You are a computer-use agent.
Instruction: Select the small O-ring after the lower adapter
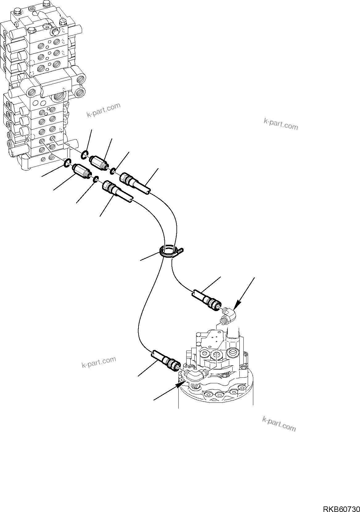click(x=96, y=179)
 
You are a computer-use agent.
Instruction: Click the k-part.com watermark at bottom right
click(x=279, y=424)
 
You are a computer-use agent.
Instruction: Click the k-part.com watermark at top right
click(x=281, y=124)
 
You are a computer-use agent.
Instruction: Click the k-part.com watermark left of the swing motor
click(x=99, y=362)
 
